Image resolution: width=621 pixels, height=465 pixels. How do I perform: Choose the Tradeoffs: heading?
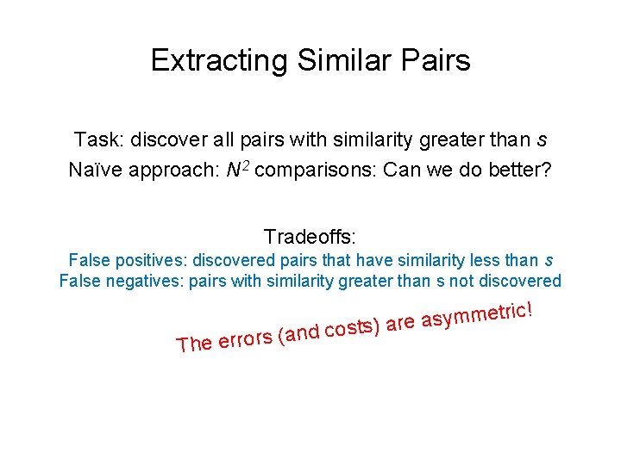[x=310, y=236]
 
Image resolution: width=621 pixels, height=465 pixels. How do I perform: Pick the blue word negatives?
[x=148, y=281]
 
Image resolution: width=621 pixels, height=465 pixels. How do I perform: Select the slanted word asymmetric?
[x=481, y=315]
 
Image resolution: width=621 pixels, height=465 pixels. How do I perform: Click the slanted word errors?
[x=246, y=339]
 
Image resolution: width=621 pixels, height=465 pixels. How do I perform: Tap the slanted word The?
[x=193, y=344]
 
